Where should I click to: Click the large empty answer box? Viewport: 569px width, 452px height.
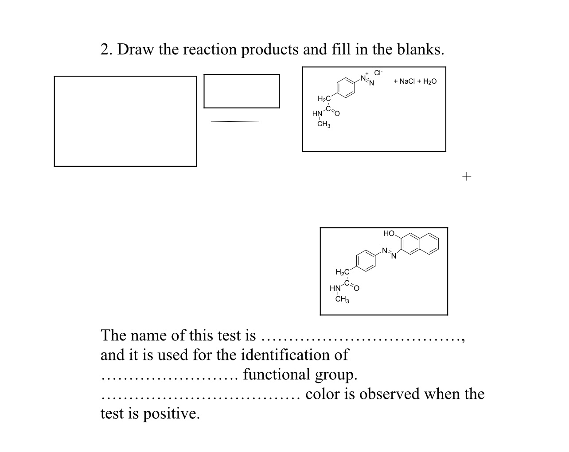click(125, 121)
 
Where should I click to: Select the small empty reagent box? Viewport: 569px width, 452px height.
click(242, 91)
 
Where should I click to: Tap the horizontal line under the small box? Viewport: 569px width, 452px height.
click(235, 121)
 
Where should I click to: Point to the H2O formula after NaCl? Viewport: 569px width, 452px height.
click(429, 81)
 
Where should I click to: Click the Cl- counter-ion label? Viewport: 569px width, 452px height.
click(378, 73)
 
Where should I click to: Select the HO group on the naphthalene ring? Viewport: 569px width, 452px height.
click(389, 233)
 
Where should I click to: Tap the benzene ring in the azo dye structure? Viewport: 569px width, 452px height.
click(365, 260)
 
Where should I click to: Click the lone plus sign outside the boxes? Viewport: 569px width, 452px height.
click(467, 176)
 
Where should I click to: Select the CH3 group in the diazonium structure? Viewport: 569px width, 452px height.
click(324, 125)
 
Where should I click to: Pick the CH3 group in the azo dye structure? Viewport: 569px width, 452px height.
click(342, 300)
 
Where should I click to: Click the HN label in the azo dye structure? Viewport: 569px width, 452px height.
click(335, 289)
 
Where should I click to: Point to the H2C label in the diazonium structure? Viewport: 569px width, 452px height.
click(324, 98)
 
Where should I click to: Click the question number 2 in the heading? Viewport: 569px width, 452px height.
click(105, 49)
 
